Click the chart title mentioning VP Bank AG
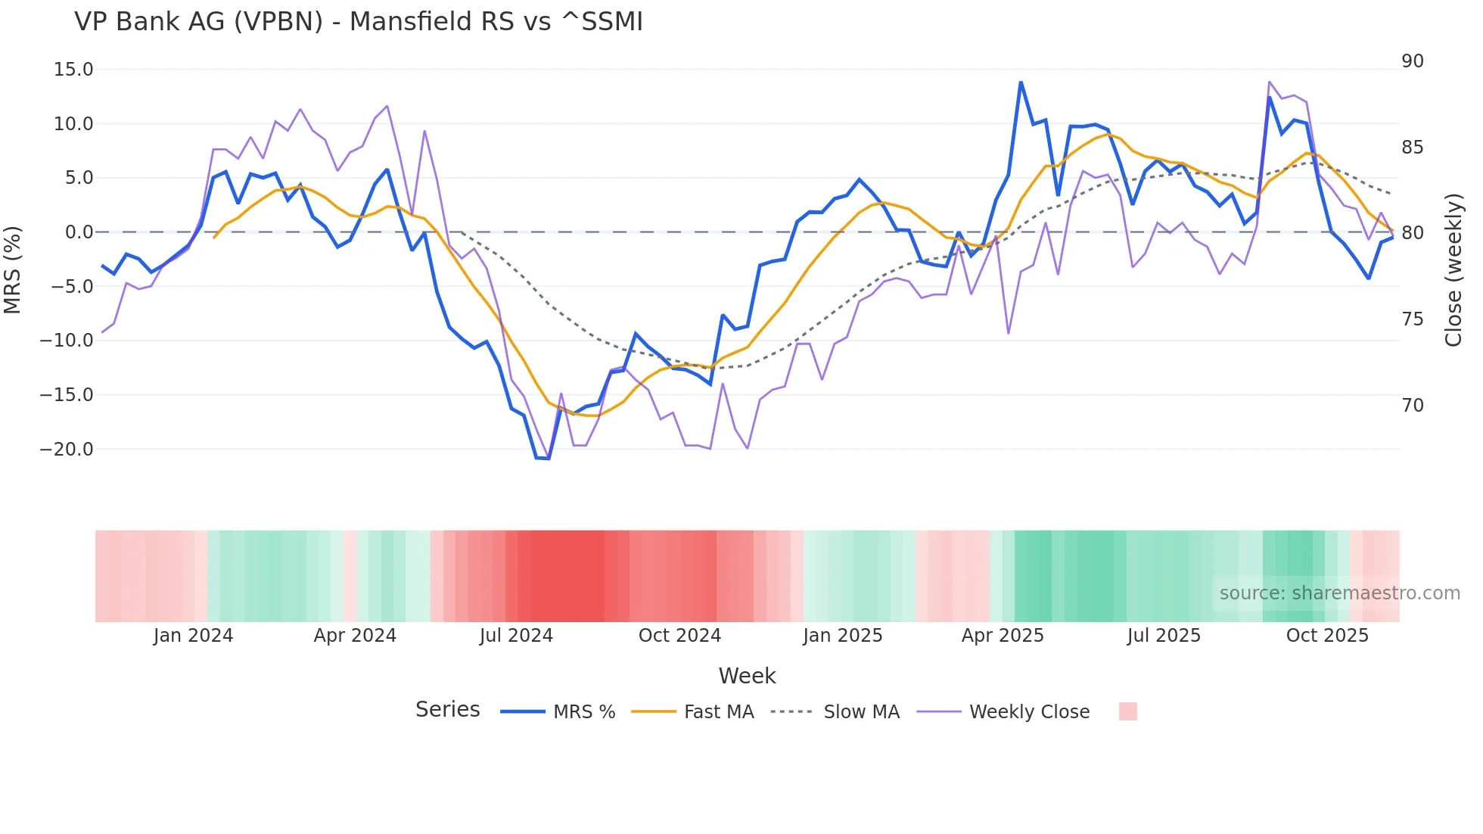pyautogui.click(x=359, y=22)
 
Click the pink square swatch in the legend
pyautogui.click(x=1127, y=711)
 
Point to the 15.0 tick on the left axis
pyautogui.click(x=73, y=70)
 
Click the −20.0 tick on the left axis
pyautogui.click(x=67, y=450)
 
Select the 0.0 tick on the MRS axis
pyautogui.click(x=79, y=232)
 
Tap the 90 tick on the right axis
pyautogui.click(x=1412, y=61)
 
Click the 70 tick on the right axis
pyautogui.click(x=1412, y=406)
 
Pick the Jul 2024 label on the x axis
pyautogui.click(x=516, y=636)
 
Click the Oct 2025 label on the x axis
pyautogui.click(x=1327, y=636)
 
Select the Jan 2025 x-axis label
pyautogui.click(x=842, y=636)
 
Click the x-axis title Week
pyautogui.click(x=747, y=676)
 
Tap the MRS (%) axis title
pyautogui.click(x=12, y=270)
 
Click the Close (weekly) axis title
pyautogui.click(x=1453, y=270)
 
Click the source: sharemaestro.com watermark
pyautogui.click(x=1339, y=593)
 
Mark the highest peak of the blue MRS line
pyautogui.click(x=1021, y=82)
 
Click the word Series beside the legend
pyautogui.click(x=447, y=710)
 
